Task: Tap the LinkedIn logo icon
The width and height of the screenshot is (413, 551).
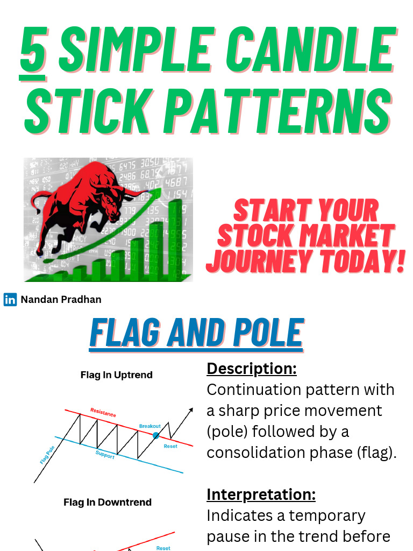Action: [x=10, y=300]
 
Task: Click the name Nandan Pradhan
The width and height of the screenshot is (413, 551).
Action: [x=61, y=300]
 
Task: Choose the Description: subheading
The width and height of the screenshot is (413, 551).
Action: [x=251, y=369]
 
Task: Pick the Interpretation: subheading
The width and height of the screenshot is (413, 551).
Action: [x=261, y=494]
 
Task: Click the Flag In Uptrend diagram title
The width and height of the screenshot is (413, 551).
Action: [x=116, y=375]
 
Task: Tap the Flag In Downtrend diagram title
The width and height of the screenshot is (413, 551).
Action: [x=108, y=503]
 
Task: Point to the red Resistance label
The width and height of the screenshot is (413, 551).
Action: [x=103, y=413]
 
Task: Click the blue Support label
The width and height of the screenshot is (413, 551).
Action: [x=105, y=455]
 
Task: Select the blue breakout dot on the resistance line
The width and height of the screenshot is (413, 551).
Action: [x=156, y=435]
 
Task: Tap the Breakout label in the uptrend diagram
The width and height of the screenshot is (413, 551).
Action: [x=150, y=426]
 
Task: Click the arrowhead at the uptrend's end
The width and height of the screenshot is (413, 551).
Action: [x=190, y=410]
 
